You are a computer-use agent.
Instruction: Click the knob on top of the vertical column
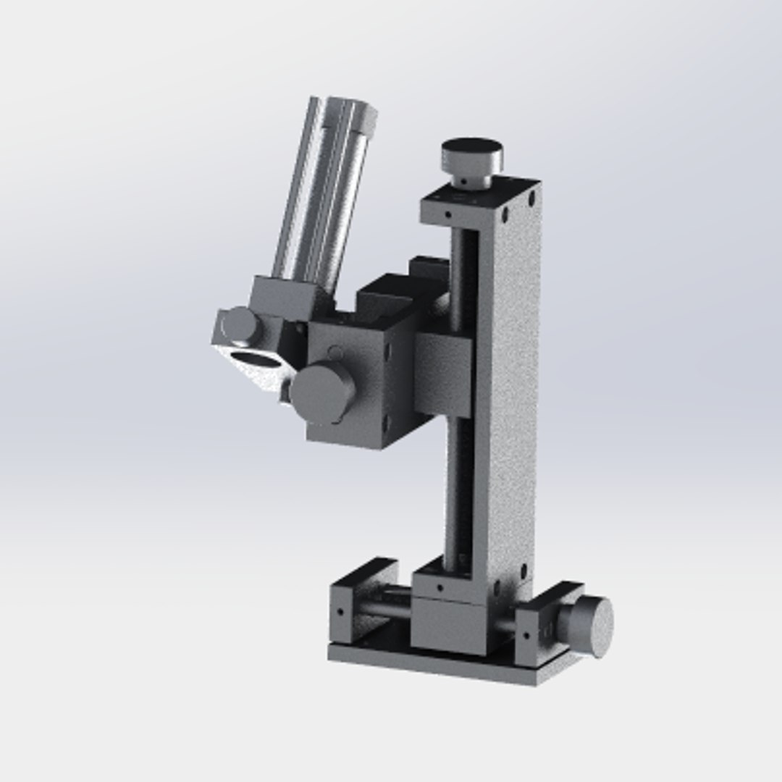(x=472, y=154)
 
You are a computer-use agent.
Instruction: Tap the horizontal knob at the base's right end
(x=591, y=626)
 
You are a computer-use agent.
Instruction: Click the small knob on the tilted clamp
(x=240, y=325)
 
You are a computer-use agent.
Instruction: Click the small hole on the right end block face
(x=526, y=636)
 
